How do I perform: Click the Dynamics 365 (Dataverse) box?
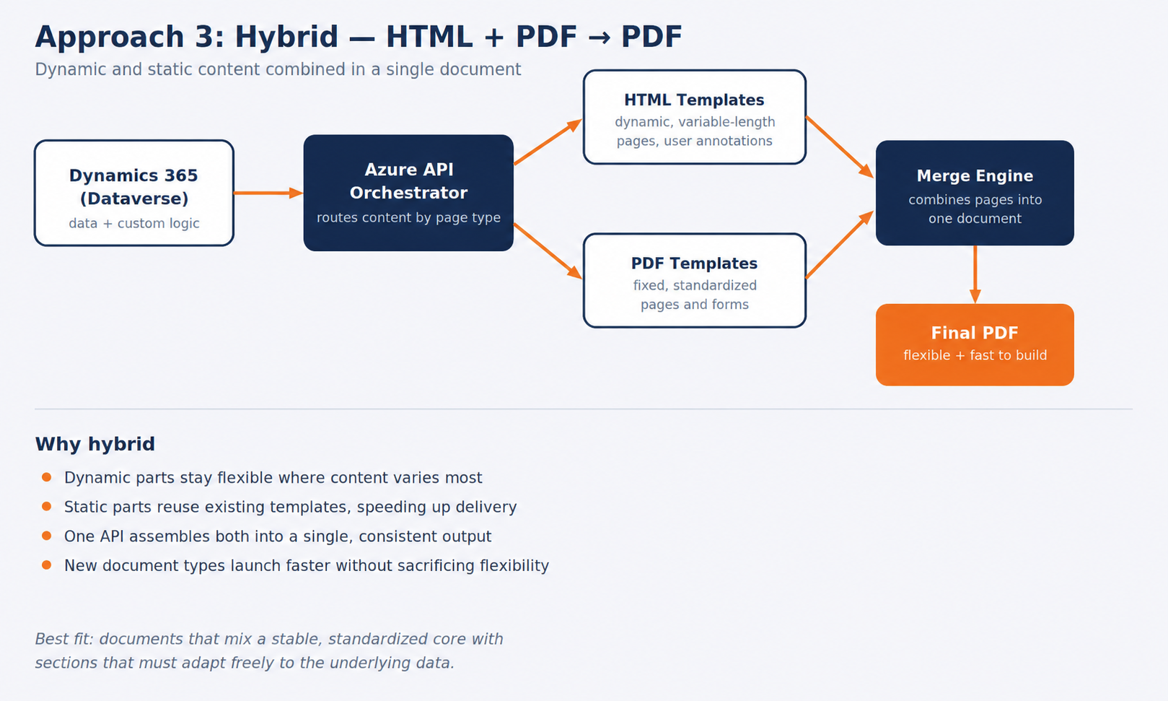click(x=134, y=193)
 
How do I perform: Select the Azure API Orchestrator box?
click(x=408, y=193)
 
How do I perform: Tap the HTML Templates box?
click(x=695, y=117)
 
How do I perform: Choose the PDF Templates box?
click(x=695, y=280)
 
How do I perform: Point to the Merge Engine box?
click(x=975, y=193)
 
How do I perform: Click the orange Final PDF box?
click(x=975, y=344)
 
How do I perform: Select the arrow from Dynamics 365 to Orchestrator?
click(x=268, y=193)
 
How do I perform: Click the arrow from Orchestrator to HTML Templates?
click(x=548, y=141)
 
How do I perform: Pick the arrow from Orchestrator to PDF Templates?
click(x=548, y=251)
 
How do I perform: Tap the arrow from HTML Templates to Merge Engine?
click(x=840, y=147)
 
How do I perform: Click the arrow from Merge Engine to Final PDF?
click(x=975, y=274)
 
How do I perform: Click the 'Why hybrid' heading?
click(x=95, y=444)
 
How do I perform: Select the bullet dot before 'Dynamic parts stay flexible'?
click(x=46, y=477)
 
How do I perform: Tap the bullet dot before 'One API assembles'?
click(x=46, y=536)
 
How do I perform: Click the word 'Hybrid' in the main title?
click(x=286, y=38)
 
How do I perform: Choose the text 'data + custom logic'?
click(x=134, y=223)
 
